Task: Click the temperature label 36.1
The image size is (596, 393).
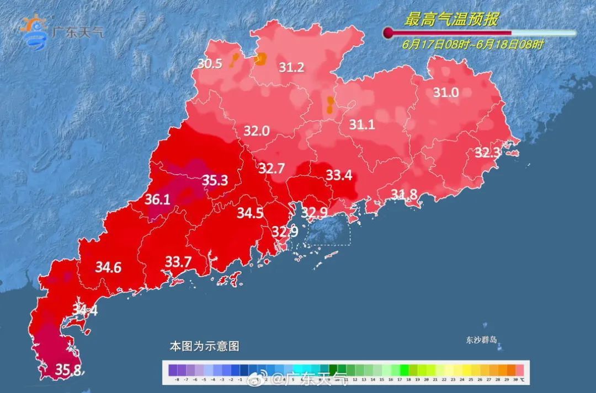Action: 157,200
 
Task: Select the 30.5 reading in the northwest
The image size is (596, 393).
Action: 210,64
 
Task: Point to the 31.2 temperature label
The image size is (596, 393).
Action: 291,68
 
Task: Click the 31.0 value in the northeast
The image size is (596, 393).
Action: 445,93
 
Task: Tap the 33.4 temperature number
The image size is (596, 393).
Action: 339,175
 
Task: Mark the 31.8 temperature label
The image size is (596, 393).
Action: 405,193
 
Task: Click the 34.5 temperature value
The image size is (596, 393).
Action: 250,213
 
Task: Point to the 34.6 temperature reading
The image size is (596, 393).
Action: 108,268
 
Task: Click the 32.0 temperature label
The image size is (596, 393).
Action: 257,131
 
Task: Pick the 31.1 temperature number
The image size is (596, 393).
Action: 362,125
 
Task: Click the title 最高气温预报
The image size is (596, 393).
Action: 451,20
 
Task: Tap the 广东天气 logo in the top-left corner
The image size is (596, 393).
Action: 61,32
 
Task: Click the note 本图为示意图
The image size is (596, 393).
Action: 204,347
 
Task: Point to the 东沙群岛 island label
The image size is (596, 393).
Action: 481,340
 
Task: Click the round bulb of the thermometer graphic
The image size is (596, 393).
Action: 389,33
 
